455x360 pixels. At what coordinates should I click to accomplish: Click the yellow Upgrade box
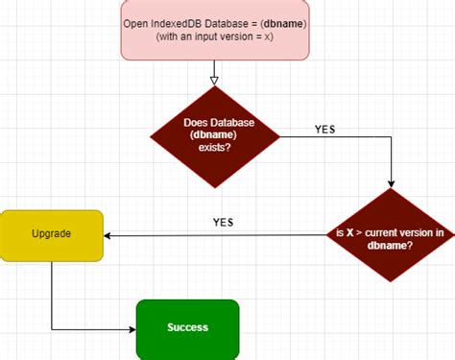pyautogui.click(x=51, y=235)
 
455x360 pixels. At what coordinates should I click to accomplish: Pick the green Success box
pyautogui.click(x=187, y=327)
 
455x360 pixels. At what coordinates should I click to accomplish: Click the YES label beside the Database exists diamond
pyautogui.click(x=326, y=129)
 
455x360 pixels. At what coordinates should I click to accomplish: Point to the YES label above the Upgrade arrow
pyautogui.click(x=223, y=222)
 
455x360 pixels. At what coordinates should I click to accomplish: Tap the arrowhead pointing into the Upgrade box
pyautogui.click(x=108, y=235)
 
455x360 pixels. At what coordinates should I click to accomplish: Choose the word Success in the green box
pyautogui.click(x=187, y=327)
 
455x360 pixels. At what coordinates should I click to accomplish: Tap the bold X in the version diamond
pyautogui.click(x=350, y=231)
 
